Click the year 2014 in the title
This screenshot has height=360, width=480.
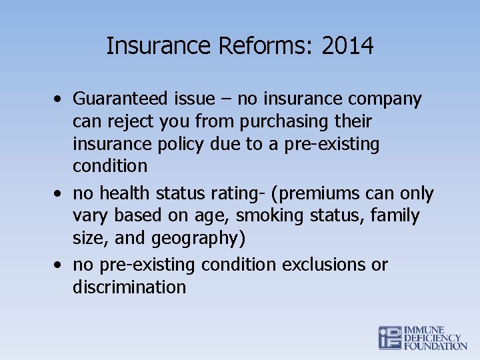(347, 46)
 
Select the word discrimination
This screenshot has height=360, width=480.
(129, 287)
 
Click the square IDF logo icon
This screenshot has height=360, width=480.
(390, 338)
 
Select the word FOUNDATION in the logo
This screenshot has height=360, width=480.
(436, 346)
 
